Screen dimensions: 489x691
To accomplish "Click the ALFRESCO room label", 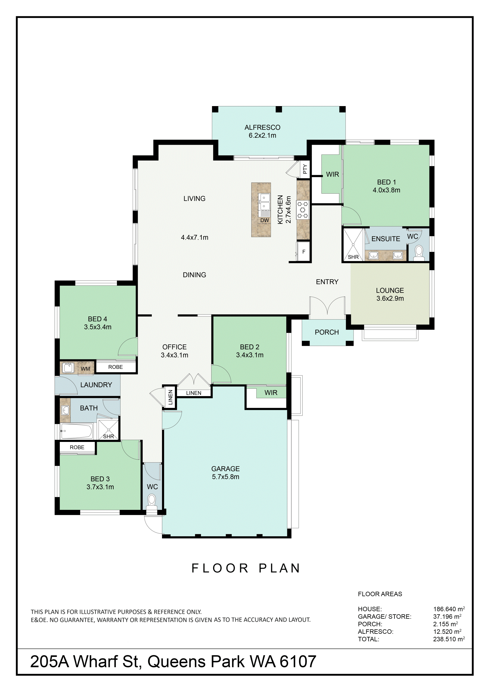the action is (x=262, y=127).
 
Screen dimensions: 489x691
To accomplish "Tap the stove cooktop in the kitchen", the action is (x=303, y=209).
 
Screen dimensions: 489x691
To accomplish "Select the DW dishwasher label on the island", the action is (x=265, y=220).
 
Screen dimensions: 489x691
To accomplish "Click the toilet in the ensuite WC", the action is (x=419, y=253).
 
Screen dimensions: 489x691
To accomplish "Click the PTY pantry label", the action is (x=305, y=169).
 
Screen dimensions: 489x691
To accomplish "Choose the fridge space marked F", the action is (x=304, y=251).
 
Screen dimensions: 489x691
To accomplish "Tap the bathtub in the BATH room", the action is (x=76, y=431).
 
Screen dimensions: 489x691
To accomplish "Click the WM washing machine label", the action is (x=86, y=369).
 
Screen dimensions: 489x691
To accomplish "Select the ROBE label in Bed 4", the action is (x=116, y=367).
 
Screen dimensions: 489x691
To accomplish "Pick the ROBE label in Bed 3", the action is (x=77, y=447).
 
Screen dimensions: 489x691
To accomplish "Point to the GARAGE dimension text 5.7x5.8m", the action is (x=226, y=477).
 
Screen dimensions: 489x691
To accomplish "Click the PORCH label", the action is (x=327, y=332).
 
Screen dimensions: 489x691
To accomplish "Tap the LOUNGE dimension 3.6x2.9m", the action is (x=390, y=298).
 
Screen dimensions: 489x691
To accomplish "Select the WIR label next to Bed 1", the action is (x=333, y=174).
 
